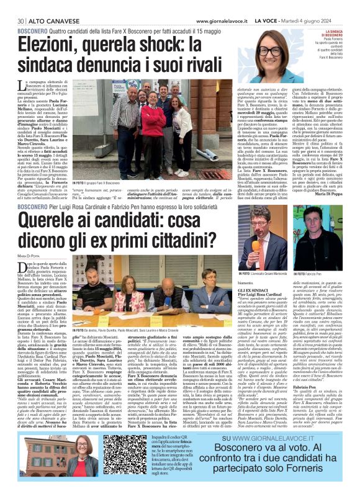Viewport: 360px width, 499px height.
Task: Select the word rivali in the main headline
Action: (x=205, y=65)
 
